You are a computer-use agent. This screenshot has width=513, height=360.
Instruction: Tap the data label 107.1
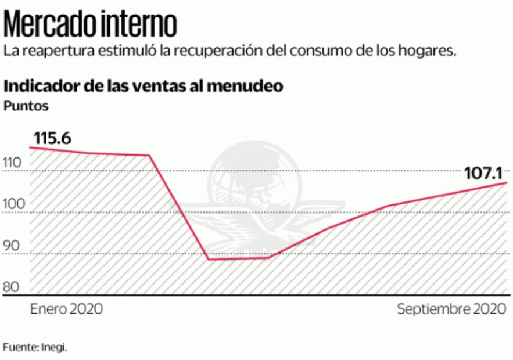tap(483, 173)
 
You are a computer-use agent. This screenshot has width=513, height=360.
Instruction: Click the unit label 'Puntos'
tap(26, 106)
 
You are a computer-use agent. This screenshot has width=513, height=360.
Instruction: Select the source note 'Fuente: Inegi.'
tap(35, 347)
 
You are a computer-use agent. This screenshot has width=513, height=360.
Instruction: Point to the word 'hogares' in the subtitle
tap(424, 51)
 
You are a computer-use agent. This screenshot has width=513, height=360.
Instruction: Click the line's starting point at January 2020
tap(31, 147)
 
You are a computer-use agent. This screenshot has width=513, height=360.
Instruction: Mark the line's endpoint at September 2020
tap(507, 183)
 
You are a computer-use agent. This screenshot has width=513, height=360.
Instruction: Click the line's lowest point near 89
tap(208, 259)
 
